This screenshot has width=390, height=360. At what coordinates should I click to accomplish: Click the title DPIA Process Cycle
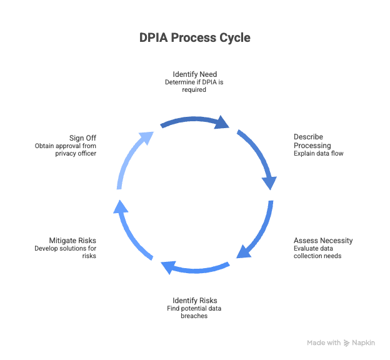pyautogui.click(x=194, y=38)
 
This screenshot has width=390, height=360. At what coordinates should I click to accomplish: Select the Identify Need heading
pyautogui.click(x=194, y=74)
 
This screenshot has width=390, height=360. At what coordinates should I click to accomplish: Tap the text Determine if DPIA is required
pyautogui.click(x=194, y=86)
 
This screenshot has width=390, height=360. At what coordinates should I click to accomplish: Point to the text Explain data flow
pyautogui.click(x=318, y=153)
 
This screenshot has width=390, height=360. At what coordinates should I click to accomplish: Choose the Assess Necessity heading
pyautogui.click(x=323, y=241)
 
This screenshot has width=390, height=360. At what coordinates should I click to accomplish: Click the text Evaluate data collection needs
pyautogui.click(x=318, y=252)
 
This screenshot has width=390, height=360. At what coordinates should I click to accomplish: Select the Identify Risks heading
pyautogui.click(x=194, y=300)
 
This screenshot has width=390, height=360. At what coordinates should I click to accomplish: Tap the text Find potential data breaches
pyautogui.click(x=194, y=312)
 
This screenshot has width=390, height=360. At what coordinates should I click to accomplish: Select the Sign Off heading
pyautogui.click(x=83, y=137)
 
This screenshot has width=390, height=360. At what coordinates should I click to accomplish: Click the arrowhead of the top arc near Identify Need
pyautogui.click(x=222, y=122)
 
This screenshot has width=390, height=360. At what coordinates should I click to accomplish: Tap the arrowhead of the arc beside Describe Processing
pyautogui.click(x=270, y=181)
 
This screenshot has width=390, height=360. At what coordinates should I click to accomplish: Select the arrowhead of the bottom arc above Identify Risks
pyautogui.click(x=167, y=267)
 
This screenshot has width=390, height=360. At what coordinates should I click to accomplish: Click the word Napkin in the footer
pyautogui.click(x=364, y=343)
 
